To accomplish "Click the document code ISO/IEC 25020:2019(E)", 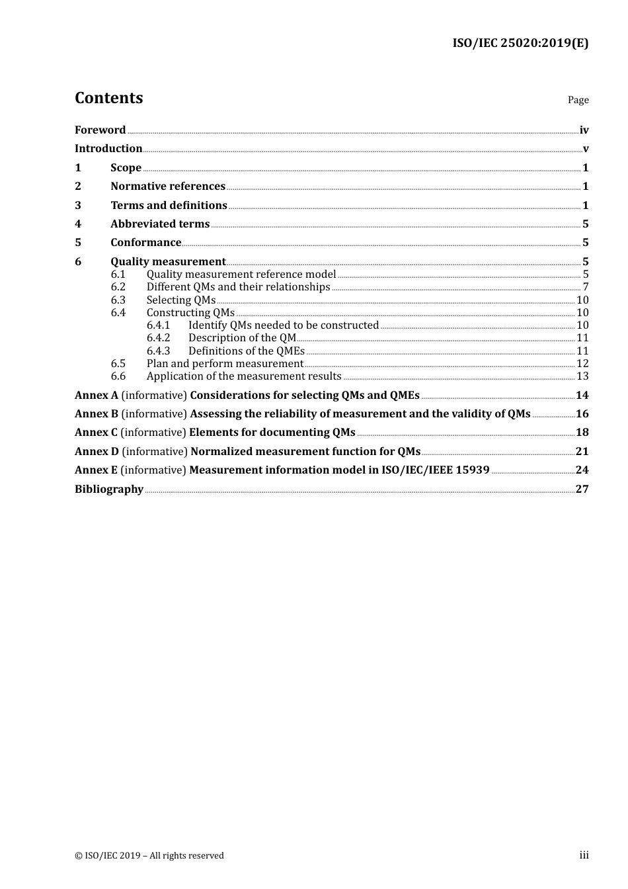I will click(x=520, y=44).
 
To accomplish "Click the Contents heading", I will click(x=108, y=98).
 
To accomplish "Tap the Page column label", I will click(x=578, y=100).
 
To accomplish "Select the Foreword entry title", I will click(x=100, y=130).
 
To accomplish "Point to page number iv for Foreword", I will click(x=584, y=130).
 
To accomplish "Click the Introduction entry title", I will click(x=108, y=149).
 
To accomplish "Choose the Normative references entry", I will click(x=168, y=187).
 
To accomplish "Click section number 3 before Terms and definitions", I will click(x=78, y=206).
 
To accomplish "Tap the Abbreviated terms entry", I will click(x=160, y=224).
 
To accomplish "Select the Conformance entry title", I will click(x=145, y=243).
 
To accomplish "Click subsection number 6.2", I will click(x=118, y=287).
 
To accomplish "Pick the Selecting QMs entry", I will click(x=181, y=300).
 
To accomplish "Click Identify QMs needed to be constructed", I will click(x=283, y=325).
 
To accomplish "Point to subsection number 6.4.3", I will click(x=158, y=351).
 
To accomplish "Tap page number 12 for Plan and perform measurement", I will click(x=582, y=364).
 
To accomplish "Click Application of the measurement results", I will click(x=244, y=376).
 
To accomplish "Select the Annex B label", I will click(x=97, y=414).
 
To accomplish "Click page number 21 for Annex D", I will click(x=582, y=452).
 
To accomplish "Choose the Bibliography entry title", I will click(x=109, y=489).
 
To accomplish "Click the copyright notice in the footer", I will click(x=149, y=856).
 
